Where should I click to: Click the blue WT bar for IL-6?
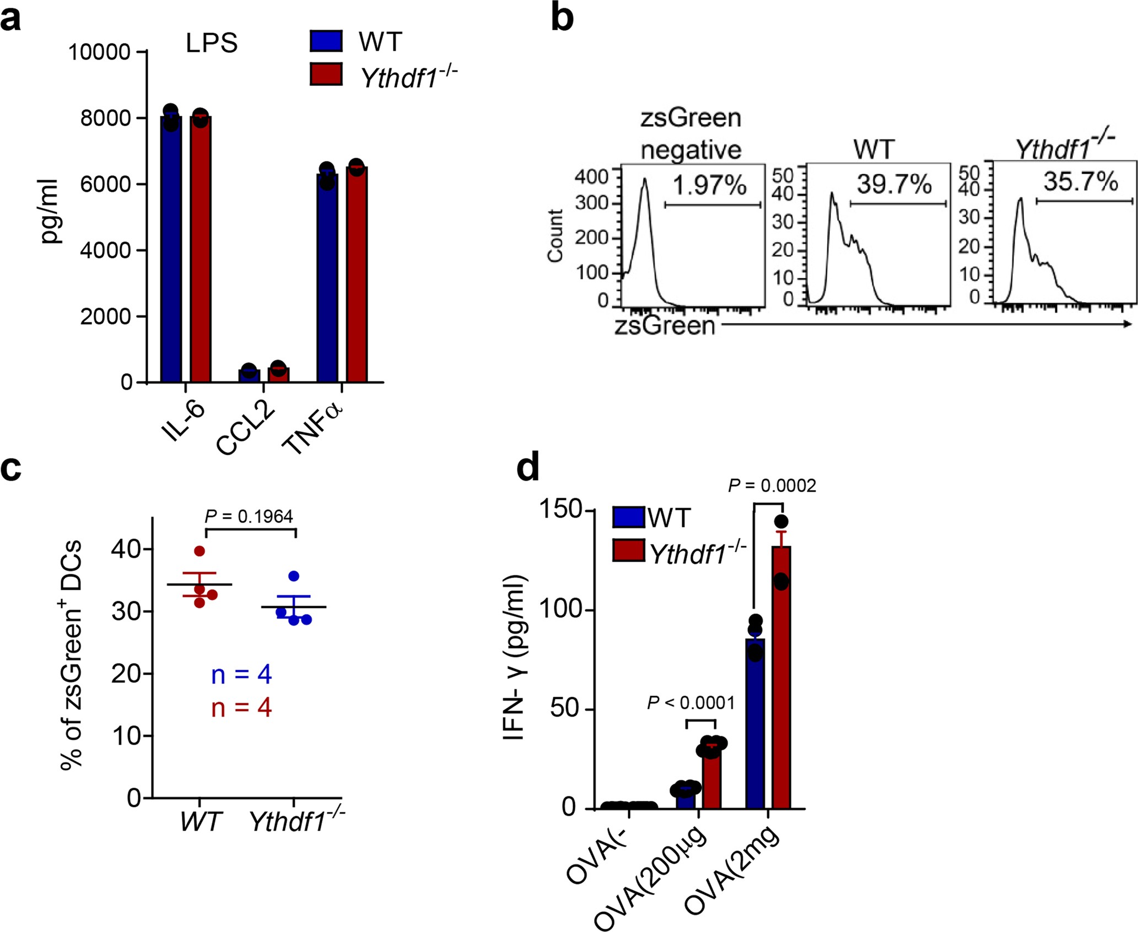(x=171, y=248)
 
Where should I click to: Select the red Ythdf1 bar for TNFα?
(x=357, y=276)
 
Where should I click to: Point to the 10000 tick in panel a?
(x=99, y=52)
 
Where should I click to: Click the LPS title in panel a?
(x=212, y=43)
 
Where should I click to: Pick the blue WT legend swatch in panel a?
(x=326, y=41)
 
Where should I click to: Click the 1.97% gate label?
(x=709, y=185)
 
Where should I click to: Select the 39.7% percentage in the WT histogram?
(x=894, y=184)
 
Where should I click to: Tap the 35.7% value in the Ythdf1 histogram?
(x=1080, y=181)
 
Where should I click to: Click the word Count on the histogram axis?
(x=554, y=235)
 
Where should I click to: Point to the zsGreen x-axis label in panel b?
(x=665, y=325)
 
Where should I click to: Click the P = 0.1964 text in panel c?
(x=249, y=516)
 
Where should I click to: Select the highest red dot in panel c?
(x=199, y=551)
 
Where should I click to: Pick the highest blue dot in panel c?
(x=294, y=577)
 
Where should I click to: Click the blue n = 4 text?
(x=241, y=675)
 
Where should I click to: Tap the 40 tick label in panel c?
(x=126, y=549)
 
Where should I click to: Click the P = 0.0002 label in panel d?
(x=772, y=486)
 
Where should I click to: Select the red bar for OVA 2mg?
(x=781, y=678)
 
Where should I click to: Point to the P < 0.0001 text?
(x=691, y=703)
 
